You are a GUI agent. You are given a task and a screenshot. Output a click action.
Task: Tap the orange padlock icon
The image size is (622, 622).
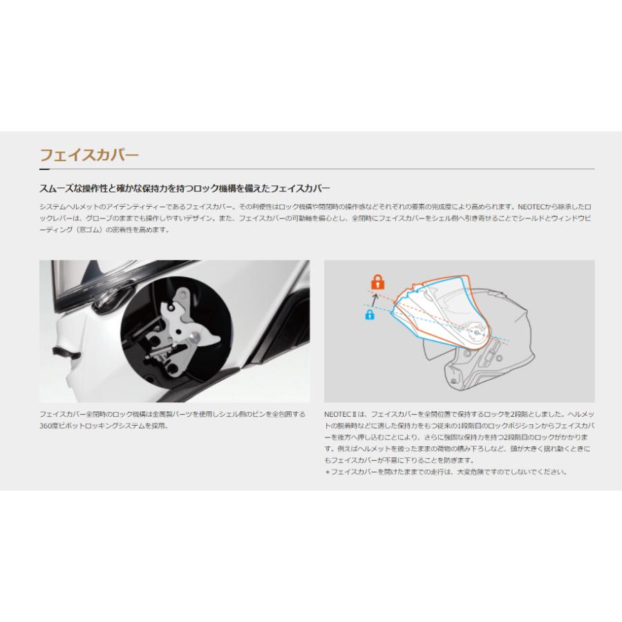pos(377,281)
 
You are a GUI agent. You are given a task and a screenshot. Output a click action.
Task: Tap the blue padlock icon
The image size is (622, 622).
pos(369,315)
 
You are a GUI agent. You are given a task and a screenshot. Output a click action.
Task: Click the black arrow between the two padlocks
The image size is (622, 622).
pos(373,299)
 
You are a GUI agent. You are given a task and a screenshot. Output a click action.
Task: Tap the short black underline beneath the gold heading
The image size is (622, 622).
pos(44,169)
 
